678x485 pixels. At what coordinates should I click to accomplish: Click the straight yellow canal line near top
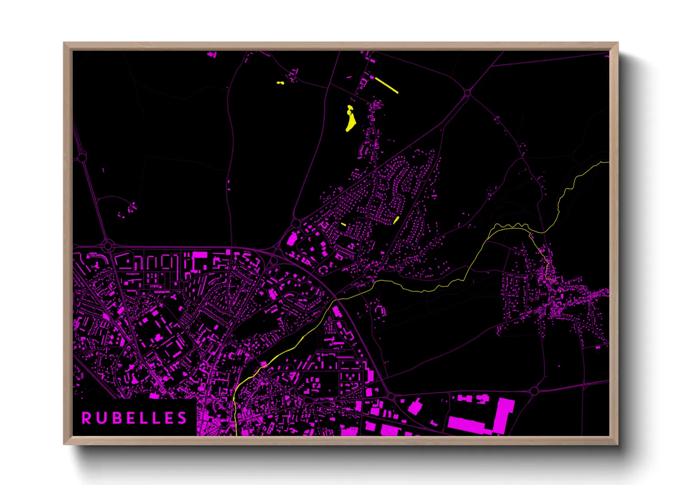[387, 85]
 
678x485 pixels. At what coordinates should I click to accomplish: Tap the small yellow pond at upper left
[280, 83]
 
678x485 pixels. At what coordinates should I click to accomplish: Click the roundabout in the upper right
[467, 93]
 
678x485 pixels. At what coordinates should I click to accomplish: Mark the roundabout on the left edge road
[82, 158]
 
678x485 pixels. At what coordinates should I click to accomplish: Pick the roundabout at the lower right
[534, 391]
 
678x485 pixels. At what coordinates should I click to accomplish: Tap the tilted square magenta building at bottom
[415, 407]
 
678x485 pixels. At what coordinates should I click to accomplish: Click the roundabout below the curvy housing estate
[296, 224]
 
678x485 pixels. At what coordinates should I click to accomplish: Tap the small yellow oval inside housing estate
[396, 220]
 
